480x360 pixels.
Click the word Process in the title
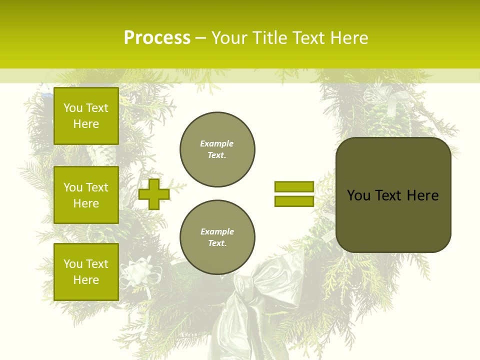point(157,38)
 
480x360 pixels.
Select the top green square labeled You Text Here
point(86,116)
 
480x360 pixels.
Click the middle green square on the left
point(86,195)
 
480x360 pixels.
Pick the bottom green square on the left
point(86,272)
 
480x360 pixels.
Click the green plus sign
point(153,194)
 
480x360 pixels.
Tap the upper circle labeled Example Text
point(217,149)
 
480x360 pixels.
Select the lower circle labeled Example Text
point(217,237)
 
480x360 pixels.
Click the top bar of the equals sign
point(294,186)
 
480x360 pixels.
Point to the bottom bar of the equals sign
point(294,201)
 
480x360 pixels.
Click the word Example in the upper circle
point(216,143)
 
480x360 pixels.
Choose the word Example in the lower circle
point(216,231)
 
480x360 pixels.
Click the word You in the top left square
point(73,108)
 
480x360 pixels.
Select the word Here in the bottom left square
point(86,280)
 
